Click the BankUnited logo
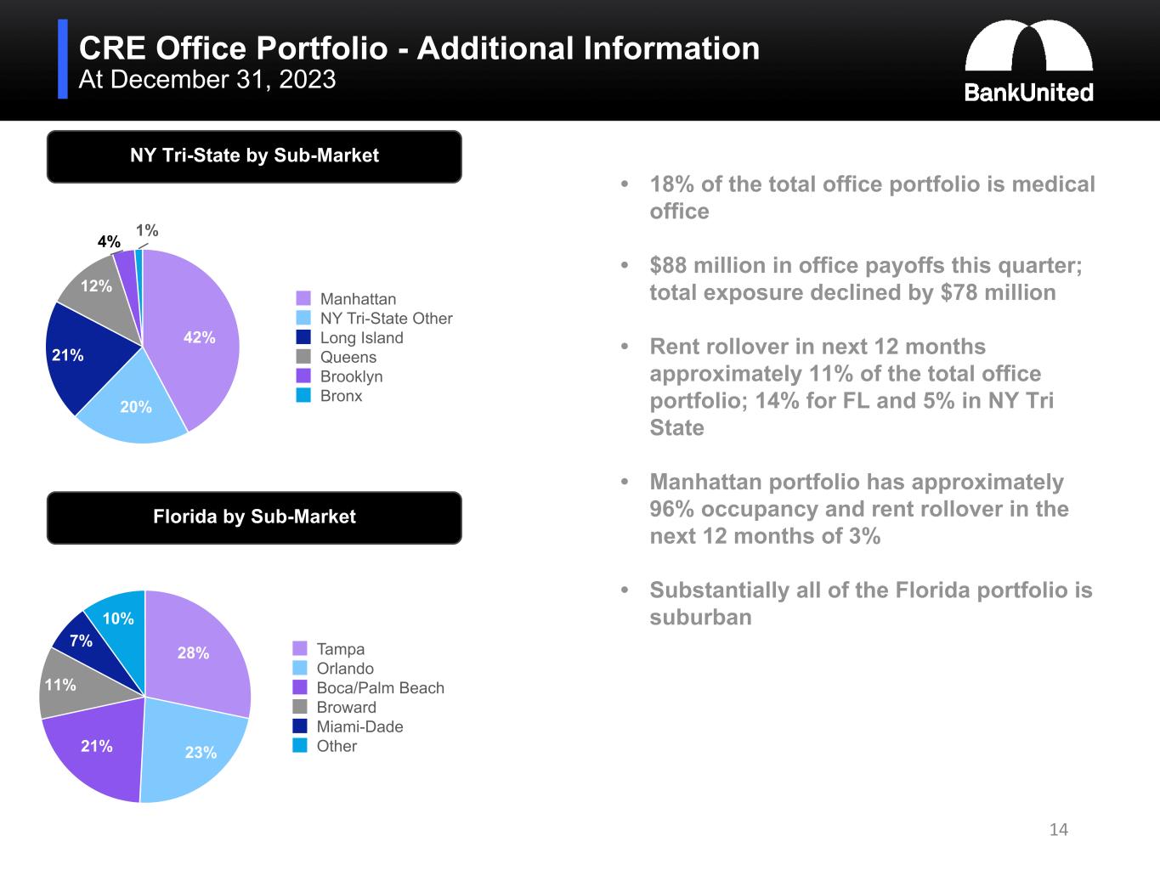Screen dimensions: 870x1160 (x=1028, y=61)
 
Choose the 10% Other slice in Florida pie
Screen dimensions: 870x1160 (x=117, y=619)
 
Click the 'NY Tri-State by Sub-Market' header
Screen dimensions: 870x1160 (x=254, y=156)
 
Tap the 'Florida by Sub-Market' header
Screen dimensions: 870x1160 (x=254, y=517)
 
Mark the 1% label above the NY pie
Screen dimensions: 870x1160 (x=147, y=230)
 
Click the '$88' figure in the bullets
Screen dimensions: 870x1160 (x=667, y=265)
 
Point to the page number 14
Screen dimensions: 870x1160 (x=1059, y=829)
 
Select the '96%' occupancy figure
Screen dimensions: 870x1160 (x=669, y=509)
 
